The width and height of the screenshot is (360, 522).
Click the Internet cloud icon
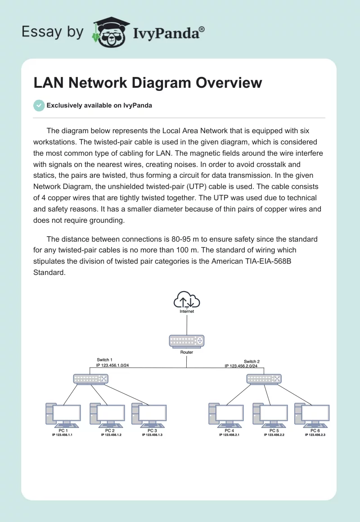pyautogui.click(x=187, y=300)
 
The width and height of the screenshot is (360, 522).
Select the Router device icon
pyautogui.click(x=187, y=341)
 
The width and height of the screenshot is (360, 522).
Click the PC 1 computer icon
pyautogui.click(x=63, y=415)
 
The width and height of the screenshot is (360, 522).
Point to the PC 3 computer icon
pyautogui.click(x=149, y=415)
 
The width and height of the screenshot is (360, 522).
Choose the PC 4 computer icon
pyautogui.click(x=226, y=415)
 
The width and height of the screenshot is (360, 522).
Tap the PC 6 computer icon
pyautogui.click(x=312, y=415)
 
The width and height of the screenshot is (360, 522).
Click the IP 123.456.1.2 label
pyautogui.click(x=111, y=435)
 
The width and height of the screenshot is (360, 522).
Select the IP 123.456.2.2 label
pyautogui.click(x=274, y=435)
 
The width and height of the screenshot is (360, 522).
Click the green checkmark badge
pyautogui.click(x=39, y=105)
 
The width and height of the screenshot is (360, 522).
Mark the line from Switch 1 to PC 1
pyautogui.click(x=72, y=394)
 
